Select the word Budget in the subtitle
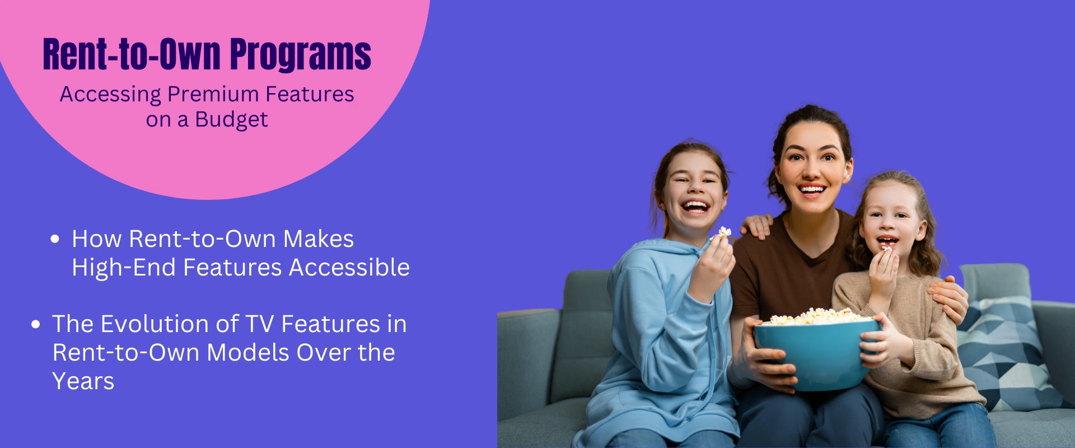point(231,120)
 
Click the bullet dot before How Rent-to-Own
point(55,239)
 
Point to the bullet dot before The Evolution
point(36,324)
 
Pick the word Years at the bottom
point(83,381)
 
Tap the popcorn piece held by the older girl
point(725,232)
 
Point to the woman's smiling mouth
point(812,190)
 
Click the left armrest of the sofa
point(526,370)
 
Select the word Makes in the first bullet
point(318,239)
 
